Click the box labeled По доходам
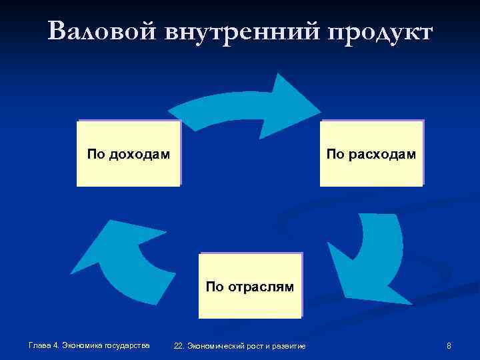pyautogui.click(x=129, y=153)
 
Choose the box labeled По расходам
pyautogui.click(x=371, y=153)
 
